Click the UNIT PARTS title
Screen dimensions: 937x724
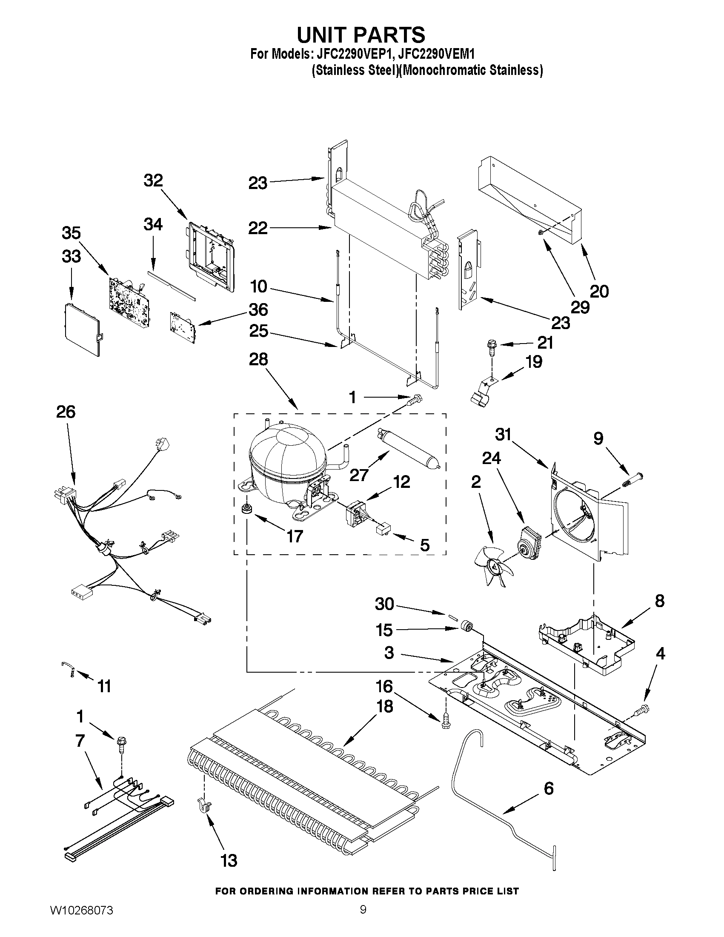(361, 35)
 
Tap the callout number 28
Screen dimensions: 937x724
(259, 360)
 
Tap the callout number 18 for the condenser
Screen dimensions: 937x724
(384, 706)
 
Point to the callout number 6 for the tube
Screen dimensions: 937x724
(548, 788)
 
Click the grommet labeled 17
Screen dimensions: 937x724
(246, 508)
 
